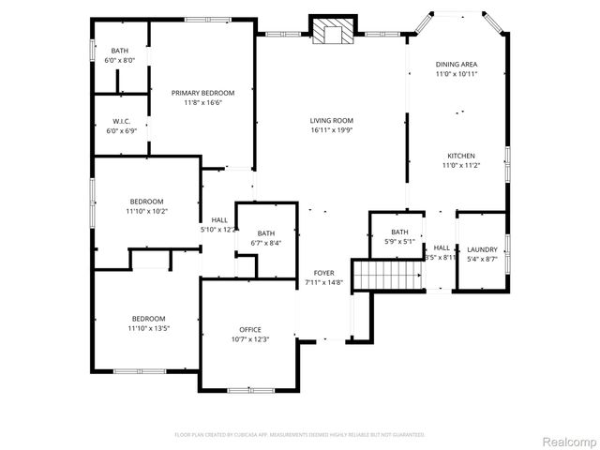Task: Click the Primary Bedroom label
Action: click(202, 93)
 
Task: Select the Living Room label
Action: click(331, 120)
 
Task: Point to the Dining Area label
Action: click(457, 64)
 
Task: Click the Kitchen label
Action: click(459, 156)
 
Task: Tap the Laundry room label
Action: click(483, 249)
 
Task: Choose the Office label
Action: click(250, 329)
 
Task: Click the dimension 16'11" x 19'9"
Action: click(331, 130)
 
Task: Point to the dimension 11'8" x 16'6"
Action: click(202, 103)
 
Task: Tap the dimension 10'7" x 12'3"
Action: click(250, 339)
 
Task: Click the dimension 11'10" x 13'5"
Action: click(148, 328)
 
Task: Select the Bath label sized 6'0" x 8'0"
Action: click(120, 51)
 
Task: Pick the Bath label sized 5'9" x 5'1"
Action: click(400, 232)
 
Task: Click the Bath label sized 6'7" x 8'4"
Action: click(266, 233)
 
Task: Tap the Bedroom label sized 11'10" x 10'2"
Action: click(147, 202)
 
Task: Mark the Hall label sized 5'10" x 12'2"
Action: click(219, 219)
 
